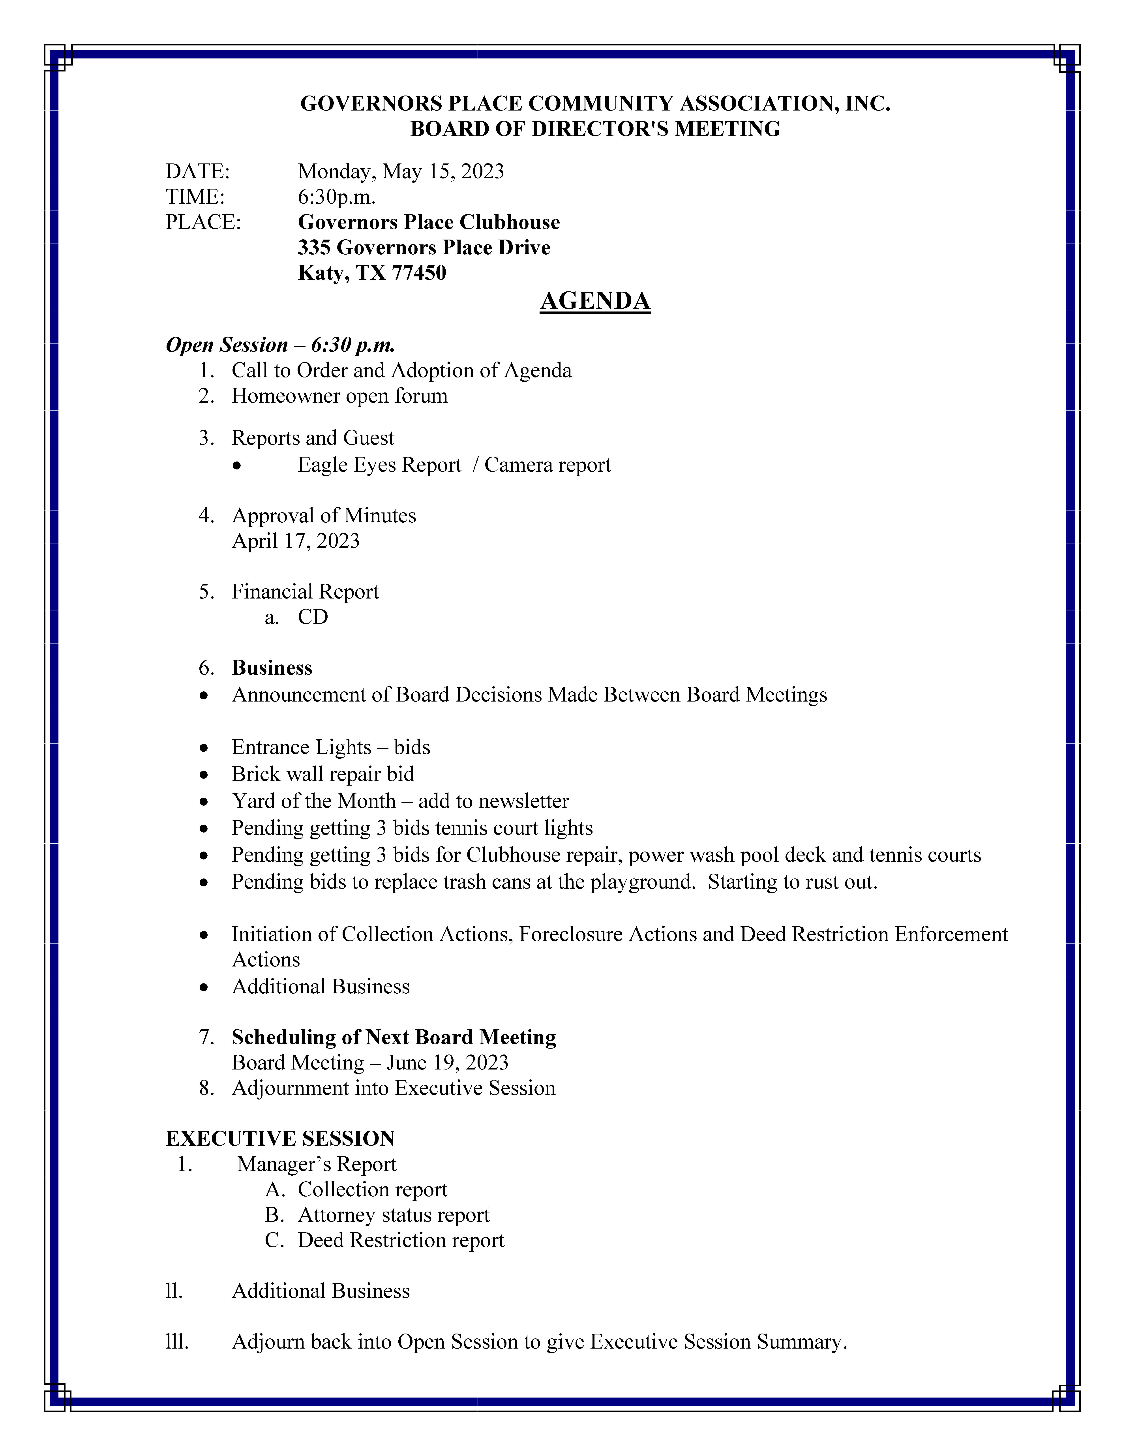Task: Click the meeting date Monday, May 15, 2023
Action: click(401, 172)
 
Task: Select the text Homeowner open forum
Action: click(339, 396)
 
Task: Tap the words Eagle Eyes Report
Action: click(379, 465)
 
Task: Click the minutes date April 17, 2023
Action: click(295, 541)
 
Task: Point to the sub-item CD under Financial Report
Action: click(313, 617)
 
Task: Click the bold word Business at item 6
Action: click(272, 668)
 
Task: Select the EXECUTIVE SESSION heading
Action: click(280, 1139)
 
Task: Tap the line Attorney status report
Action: click(393, 1215)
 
